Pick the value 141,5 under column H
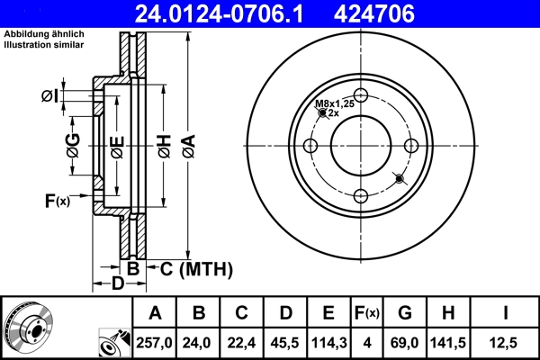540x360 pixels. (449, 343)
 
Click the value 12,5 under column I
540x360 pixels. (508, 343)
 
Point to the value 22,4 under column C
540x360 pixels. (241, 343)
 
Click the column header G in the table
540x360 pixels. (405, 313)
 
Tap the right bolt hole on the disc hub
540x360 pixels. (411, 147)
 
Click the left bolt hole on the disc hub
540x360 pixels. (311, 147)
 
